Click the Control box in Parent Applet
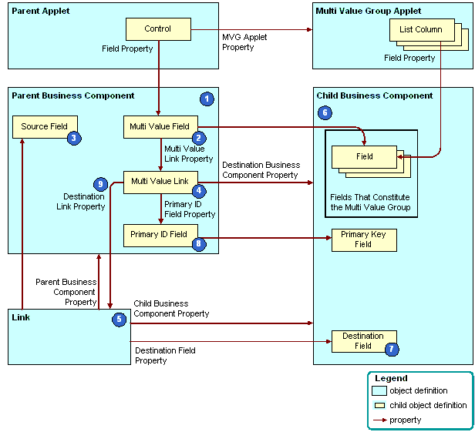point(158,30)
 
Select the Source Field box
point(44,126)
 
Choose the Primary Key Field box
point(363,239)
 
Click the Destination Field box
point(363,340)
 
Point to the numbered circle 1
point(206,99)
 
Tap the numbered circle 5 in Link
point(119,320)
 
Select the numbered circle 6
point(325,112)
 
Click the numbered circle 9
point(99,184)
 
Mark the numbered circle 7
point(392,349)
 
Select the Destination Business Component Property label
point(260,170)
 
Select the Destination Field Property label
point(165,355)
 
